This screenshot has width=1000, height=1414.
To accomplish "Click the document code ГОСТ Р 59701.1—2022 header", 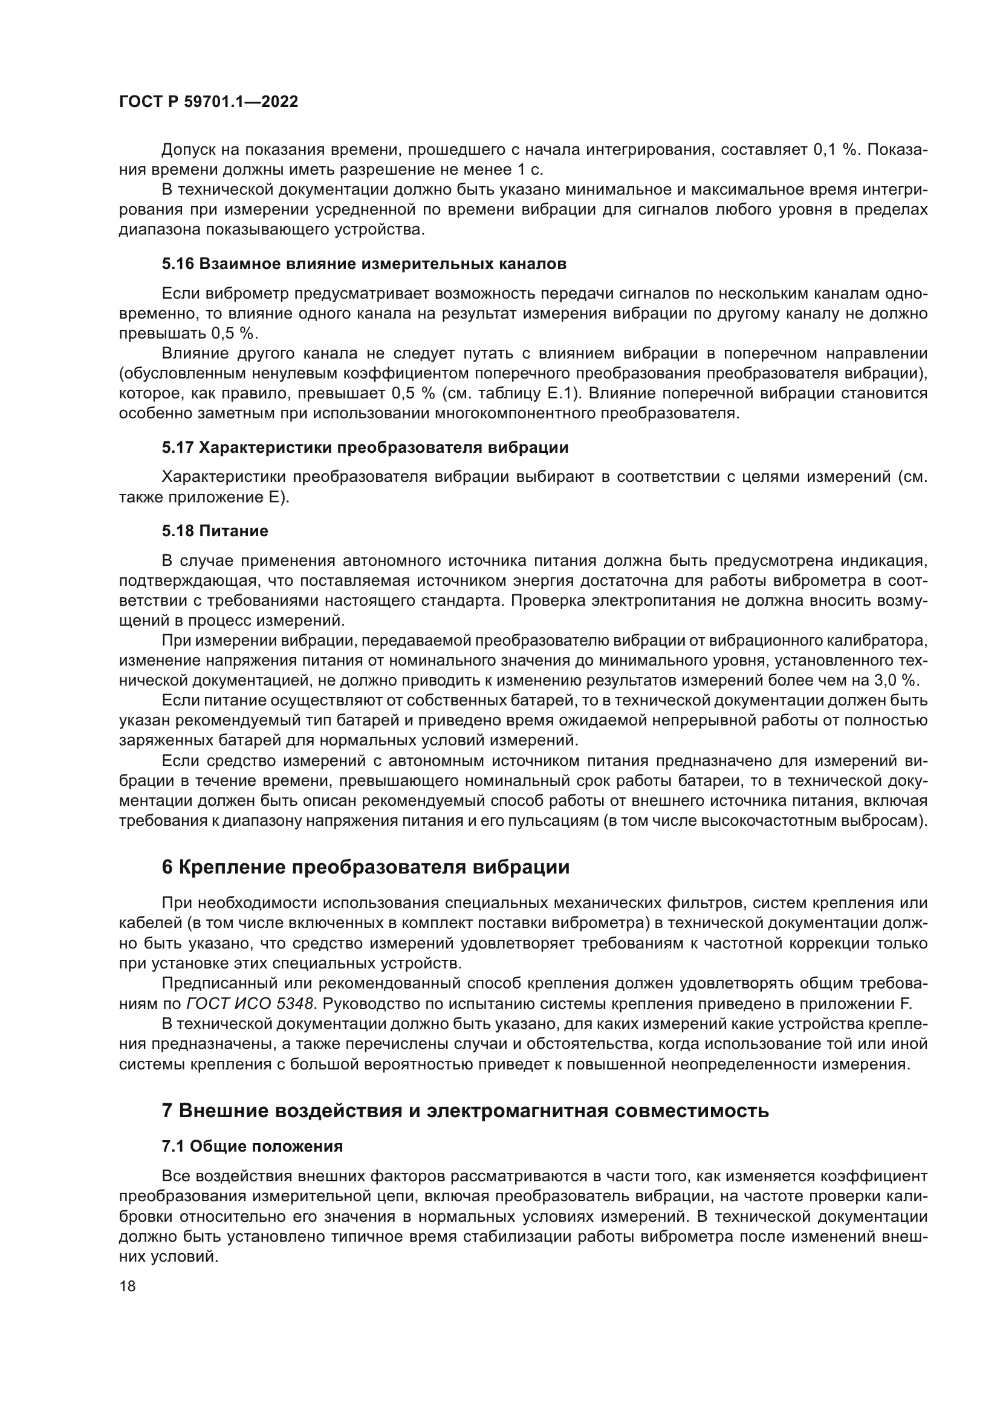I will click(208, 102).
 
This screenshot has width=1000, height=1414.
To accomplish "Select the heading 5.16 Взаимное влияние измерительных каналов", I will click(364, 264).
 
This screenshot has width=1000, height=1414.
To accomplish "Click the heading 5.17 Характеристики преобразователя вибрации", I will click(365, 448).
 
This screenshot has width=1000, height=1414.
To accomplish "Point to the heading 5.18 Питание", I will click(215, 531).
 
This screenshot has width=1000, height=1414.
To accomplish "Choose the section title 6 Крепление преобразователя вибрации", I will click(365, 867).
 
